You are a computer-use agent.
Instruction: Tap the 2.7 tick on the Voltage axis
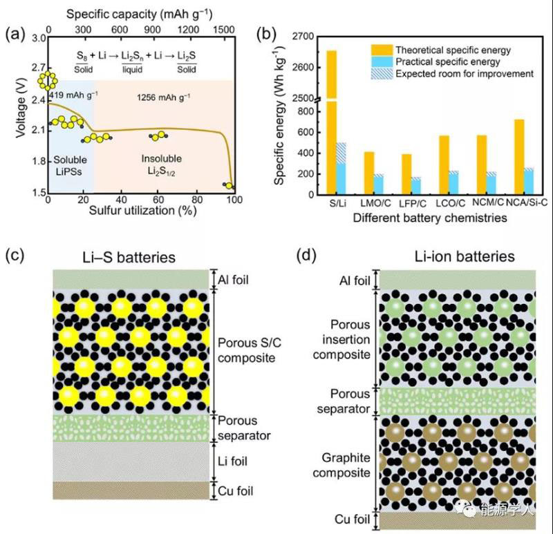pos(32,68)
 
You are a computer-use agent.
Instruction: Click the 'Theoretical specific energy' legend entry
pos(453,50)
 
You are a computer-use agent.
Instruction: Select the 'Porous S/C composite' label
pos(246,350)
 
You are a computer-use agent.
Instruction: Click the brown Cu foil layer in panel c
pos(130,490)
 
